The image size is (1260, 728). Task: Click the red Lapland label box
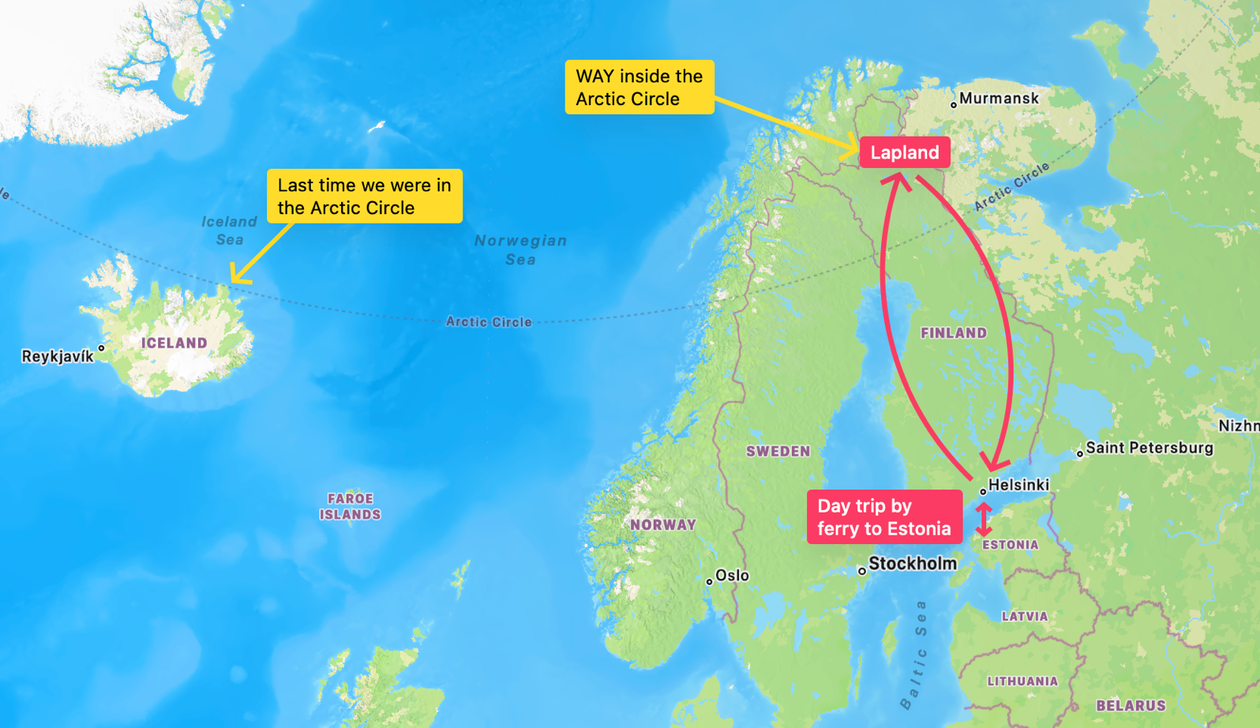(x=904, y=152)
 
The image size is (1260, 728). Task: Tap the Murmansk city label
(x=999, y=99)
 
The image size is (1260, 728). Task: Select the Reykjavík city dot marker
(x=101, y=347)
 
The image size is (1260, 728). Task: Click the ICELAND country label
(x=174, y=343)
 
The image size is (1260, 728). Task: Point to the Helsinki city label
(x=1018, y=485)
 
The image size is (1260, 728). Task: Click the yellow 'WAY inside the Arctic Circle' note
(x=639, y=88)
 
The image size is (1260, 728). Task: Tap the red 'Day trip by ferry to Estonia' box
(x=883, y=517)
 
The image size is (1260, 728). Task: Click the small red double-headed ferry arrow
(x=983, y=519)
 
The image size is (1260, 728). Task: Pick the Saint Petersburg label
(x=1149, y=448)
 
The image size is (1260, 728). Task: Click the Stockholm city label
(x=912, y=564)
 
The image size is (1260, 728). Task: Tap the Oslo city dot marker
(x=709, y=581)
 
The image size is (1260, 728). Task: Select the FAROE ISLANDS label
(x=350, y=507)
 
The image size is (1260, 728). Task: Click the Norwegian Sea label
(x=520, y=250)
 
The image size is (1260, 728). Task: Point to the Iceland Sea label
(x=229, y=231)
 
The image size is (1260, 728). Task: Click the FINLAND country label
(x=953, y=333)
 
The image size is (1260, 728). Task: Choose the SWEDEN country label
(x=778, y=452)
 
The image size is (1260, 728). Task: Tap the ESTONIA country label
(x=1010, y=545)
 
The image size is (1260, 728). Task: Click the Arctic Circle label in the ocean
(x=489, y=322)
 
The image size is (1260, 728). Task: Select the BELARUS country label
(x=1130, y=706)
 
